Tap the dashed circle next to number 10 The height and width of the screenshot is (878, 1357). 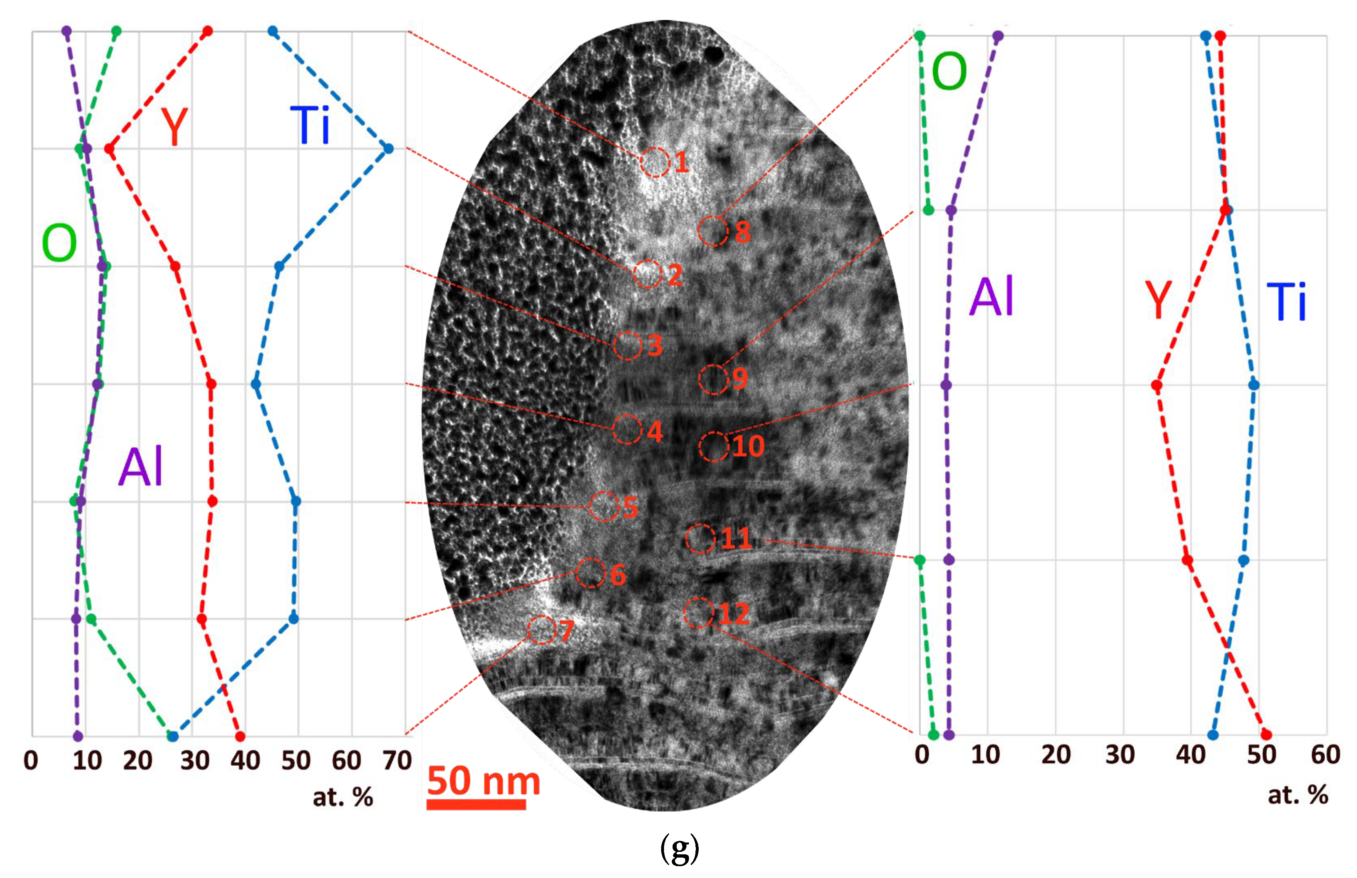[x=713, y=447]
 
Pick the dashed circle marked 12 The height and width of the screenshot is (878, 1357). [x=698, y=613]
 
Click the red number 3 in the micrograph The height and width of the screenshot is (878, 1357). [x=655, y=345]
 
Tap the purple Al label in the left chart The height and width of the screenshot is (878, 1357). [x=140, y=467]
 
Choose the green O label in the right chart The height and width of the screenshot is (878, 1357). [x=949, y=71]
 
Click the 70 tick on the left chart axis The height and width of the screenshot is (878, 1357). [x=397, y=760]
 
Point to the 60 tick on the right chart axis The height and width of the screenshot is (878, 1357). [x=1325, y=755]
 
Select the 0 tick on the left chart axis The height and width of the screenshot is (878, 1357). [x=31, y=760]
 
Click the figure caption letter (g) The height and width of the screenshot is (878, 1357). [x=680, y=849]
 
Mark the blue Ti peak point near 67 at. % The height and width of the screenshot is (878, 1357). [x=388, y=149]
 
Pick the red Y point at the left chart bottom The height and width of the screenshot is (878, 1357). [x=240, y=736]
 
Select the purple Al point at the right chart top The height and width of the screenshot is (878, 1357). [x=997, y=36]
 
